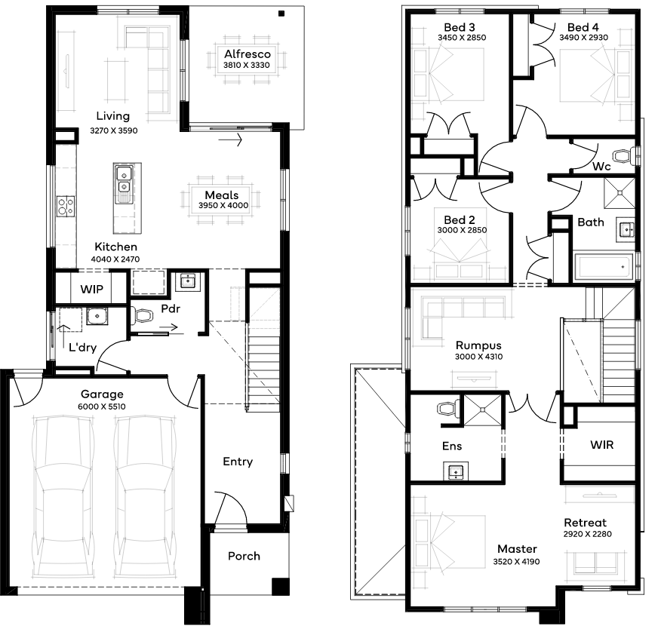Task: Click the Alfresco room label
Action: (248, 54)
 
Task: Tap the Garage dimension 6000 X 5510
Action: (102, 407)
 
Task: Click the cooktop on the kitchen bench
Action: (66, 206)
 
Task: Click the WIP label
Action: (91, 289)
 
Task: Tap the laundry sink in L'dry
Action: (97, 316)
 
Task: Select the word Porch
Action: (244, 556)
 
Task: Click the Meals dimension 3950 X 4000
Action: (223, 205)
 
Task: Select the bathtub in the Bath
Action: (604, 266)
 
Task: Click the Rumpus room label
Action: (478, 345)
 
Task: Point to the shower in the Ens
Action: (482, 410)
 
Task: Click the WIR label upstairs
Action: (601, 444)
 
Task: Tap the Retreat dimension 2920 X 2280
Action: (588, 534)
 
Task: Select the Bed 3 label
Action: (460, 27)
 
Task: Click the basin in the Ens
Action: (456, 471)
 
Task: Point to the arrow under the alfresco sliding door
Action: (230, 140)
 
